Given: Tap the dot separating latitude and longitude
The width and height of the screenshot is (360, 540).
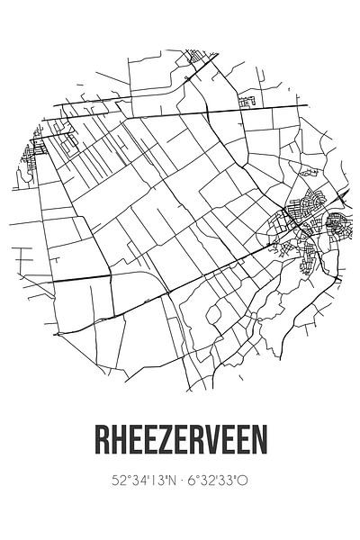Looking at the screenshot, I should tap(179, 481).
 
